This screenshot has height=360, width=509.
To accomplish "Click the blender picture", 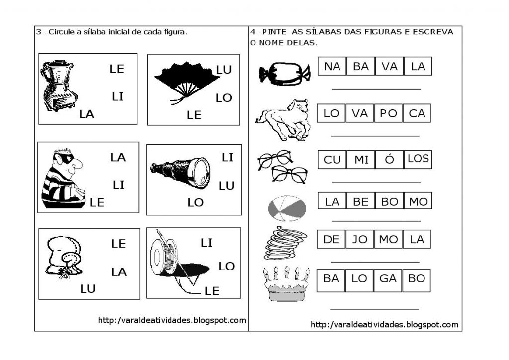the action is click(x=59, y=86).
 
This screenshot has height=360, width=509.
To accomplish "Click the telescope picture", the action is click(x=180, y=172).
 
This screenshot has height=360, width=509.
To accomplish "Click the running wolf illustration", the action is click(x=283, y=119).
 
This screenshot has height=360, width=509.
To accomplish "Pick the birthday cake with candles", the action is click(x=286, y=284).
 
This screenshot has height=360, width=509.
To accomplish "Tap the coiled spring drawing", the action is click(x=285, y=243).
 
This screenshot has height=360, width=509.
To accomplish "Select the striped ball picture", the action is click(x=287, y=208).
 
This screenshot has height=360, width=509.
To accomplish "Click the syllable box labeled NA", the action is click(x=332, y=66).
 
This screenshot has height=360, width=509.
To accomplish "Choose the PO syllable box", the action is click(x=388, y=113).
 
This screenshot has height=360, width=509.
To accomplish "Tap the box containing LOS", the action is click(x=418, y=159).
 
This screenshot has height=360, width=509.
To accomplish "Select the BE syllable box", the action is click(x=361, y=201).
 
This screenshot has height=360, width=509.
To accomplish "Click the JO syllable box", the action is click(x=359, y=239).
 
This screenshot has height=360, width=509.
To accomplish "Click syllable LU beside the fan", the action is click(x=224, y=70).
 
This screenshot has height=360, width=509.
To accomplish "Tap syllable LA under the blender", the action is click(x=86, y=114).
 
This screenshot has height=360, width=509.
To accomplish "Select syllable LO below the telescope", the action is click(x=195, y=202).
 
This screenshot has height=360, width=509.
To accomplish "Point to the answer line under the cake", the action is click(x=374, y=309).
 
